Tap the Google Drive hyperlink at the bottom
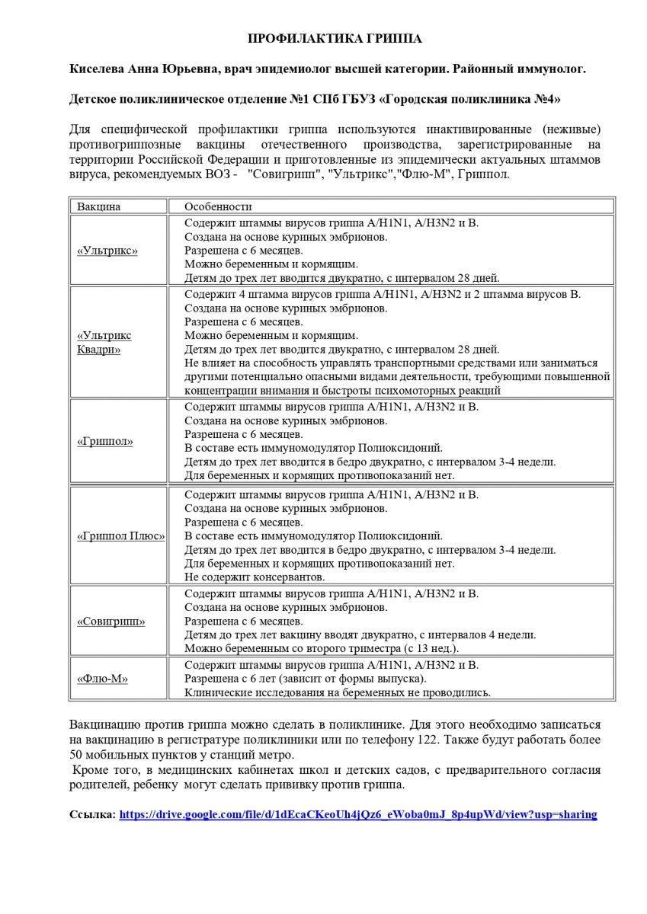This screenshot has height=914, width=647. tap(358, 814)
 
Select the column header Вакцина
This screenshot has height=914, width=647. tap(99, 206)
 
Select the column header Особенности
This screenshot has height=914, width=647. tap(218, 206)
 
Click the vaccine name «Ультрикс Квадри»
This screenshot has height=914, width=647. tap(104, 342)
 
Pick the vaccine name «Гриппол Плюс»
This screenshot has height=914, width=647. tap(120, 535)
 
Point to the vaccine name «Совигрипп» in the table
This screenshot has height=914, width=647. tap(111, 622)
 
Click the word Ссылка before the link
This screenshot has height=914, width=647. tap(91, 814)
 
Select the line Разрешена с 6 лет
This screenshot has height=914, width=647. tap(306, 679)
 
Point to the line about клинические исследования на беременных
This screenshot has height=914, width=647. tap(338, 692)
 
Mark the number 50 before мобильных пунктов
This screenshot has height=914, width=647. tap(76, 755)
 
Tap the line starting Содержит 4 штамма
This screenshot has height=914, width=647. tap(388, 294)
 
